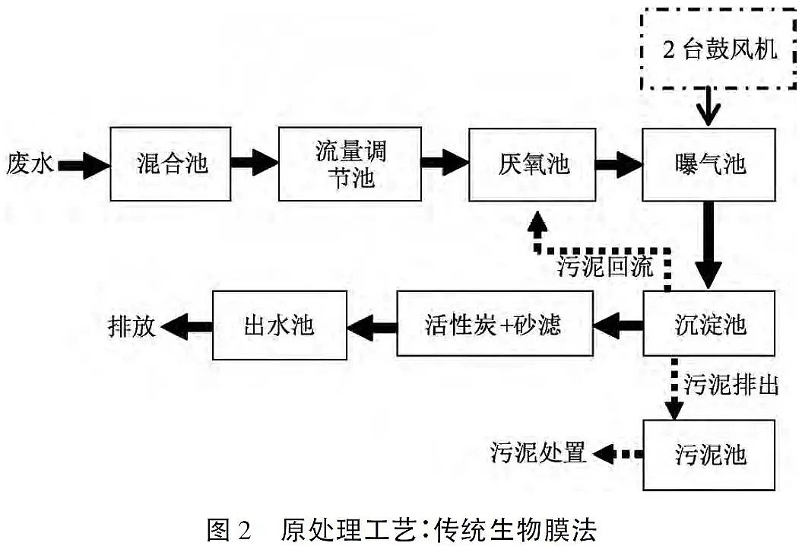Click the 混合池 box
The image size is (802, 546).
(170, 163)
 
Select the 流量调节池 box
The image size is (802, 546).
(350, 163)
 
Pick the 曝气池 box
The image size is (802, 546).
(708, 163)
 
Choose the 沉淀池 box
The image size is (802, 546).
(708, 324)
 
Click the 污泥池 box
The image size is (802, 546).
(708, 455)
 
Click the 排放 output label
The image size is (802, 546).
(132, 325)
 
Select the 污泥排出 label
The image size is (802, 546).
(731, 384)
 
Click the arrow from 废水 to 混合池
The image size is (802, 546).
(84, 163)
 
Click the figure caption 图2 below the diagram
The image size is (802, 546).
(401, 527)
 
